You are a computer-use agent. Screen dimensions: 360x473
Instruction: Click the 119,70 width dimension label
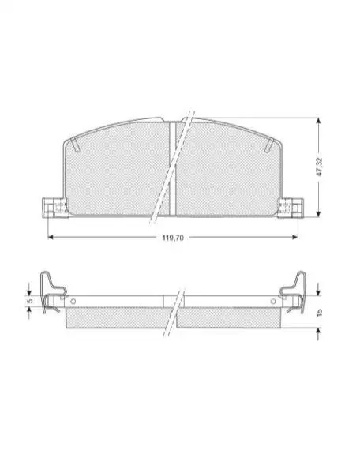click(173, 238)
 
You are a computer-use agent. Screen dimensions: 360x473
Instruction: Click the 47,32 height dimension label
click(320, 167)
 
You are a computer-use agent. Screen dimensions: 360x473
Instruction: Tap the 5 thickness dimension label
click(29, 301)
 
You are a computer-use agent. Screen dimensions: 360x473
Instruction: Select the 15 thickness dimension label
click(320, 312)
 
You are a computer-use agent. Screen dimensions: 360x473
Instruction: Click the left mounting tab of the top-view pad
click(55, 207)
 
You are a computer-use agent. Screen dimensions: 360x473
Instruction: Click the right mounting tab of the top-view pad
click(290, 207)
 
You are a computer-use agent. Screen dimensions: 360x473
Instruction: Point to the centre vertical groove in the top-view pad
click(172, 169)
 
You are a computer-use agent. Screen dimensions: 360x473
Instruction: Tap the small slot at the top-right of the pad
click(269, 145)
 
